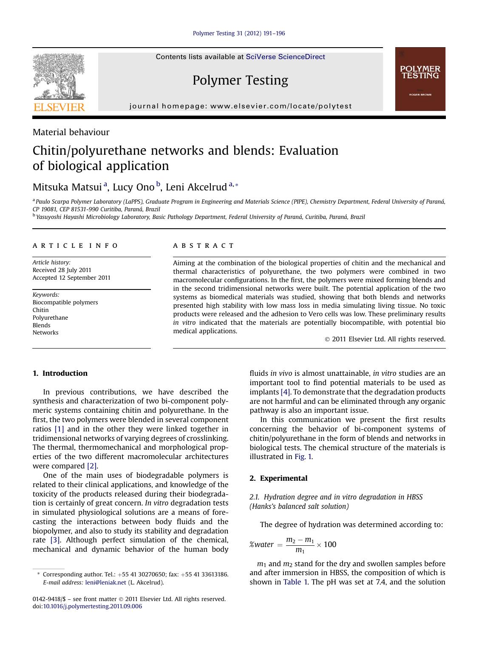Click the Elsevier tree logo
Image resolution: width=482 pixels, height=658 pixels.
[x=59, y=82]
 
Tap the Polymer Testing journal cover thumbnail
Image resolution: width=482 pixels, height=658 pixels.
[x=420, y=79]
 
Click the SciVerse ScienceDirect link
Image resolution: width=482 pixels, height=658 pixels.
[x=285, y=57]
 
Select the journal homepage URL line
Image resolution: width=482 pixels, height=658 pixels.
[x=241, y=106]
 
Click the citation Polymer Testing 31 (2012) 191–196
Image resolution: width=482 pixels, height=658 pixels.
[x=239, y=34]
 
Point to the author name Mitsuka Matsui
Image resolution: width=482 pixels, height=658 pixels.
[x=68, y=187]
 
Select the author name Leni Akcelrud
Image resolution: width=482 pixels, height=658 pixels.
[x=196, y=187]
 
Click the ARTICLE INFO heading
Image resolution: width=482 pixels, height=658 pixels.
[x=75, y=246]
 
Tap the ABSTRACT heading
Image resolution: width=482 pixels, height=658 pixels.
[x=203, y=246]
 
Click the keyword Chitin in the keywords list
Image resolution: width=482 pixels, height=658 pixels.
[x=41, y=310]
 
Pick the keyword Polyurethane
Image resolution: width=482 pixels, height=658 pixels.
[x=50, y=318]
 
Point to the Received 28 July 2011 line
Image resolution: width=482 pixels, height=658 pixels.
[x=62, y=270]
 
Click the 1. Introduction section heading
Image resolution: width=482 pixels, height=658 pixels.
[x=60, y=374]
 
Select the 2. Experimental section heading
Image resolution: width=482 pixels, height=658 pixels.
[x=278, y=479]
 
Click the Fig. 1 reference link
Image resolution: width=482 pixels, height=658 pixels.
[x=303, y=457]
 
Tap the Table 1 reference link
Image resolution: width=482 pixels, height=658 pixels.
[x=295, y=582]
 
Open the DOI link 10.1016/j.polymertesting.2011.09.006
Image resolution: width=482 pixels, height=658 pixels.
[x=92, y=607]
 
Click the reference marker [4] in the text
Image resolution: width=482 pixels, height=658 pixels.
[x=285, y=392]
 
